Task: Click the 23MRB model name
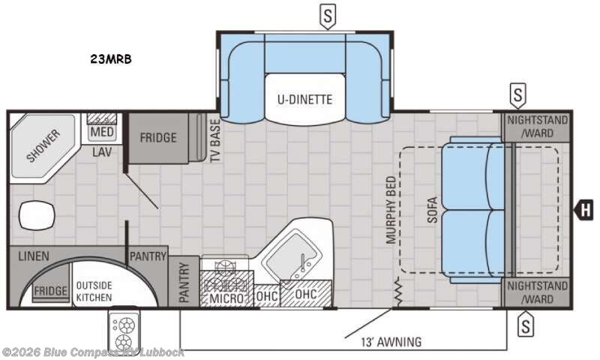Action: (x=111, y=59)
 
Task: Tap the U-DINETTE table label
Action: (x=304, y=100)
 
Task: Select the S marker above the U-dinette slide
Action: (x=328, y=16)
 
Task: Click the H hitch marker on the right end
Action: (x=585, y=210)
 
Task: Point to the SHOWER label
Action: (x=43, y=145)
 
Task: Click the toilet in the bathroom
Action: (x=37, y=216)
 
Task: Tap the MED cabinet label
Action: (x=102, y=132)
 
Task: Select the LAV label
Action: (x=102, y=152)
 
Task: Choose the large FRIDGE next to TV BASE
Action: (x=158, y=138)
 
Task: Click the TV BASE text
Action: (x=215, y=140)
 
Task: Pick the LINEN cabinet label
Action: (x=34, y=256)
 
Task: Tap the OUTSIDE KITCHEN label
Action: (x=94, y=292)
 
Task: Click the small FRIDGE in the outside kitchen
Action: (x=50, y=291)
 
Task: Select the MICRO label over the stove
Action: (x=226, y=298)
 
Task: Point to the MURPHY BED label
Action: (x=391, y=210)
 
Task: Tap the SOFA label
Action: (x=432, y=210)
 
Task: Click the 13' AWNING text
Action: (x=391, y=342)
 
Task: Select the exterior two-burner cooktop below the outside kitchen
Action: (x=124, y=331)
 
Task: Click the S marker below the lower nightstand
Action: (x=526, y=325)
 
